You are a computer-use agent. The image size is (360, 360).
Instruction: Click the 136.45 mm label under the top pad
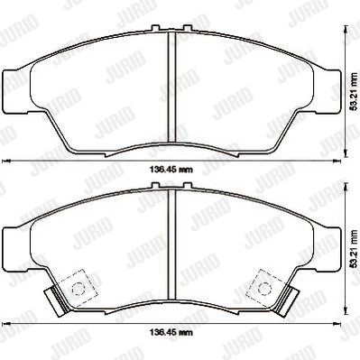point(171,170)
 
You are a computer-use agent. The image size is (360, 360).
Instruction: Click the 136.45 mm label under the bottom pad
point(171,332)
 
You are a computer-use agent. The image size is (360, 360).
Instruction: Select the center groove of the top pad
point(171,87)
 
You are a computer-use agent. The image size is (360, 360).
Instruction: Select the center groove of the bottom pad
point(171,245)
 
